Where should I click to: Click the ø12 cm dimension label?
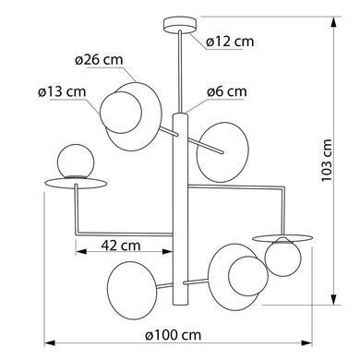tap(230, 42)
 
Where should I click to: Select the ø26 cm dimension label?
tap(99, 59)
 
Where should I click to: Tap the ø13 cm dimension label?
tap(62, 91)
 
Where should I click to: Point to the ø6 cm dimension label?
tap(227, 91)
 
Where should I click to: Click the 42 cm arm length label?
tap(121, 246)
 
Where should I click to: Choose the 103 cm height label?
tap(327, 161)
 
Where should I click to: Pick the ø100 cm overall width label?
tap(174, 335)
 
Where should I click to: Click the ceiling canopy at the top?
tap(180, 25)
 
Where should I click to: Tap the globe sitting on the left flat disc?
tap(76, 162)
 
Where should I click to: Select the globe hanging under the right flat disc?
tap(282, 258)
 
